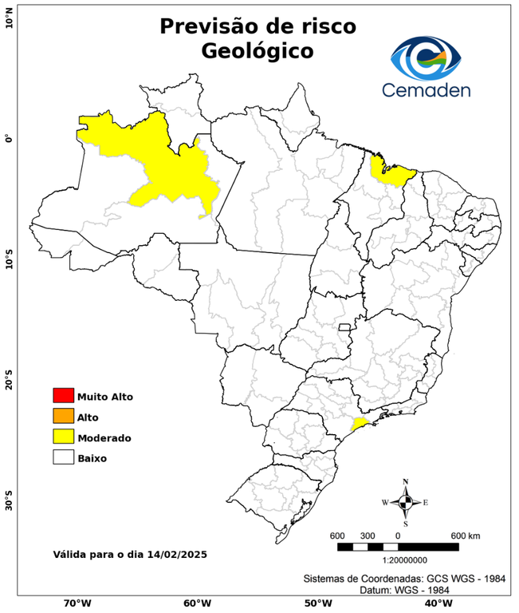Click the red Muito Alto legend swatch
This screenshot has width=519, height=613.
click(x=63, y=395)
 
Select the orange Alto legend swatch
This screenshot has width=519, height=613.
click(x=63, y=416)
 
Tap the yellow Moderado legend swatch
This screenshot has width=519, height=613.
click(x=63, y=437)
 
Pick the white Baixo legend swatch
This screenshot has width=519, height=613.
click(x=63, y=457)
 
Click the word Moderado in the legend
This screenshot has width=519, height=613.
click(x=104, y=438)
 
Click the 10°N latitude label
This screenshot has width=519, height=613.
click(x=9, y=20)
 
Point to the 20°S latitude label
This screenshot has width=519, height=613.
click(x=9, y=380)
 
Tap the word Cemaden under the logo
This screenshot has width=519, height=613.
click(x=426, y=89)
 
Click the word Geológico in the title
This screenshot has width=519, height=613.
click(x=258, y=50)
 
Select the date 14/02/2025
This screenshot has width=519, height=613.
click(x=172, y=554)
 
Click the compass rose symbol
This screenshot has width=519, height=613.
click(x=405, y=502)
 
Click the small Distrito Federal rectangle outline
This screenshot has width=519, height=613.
click(x=345, y=327)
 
